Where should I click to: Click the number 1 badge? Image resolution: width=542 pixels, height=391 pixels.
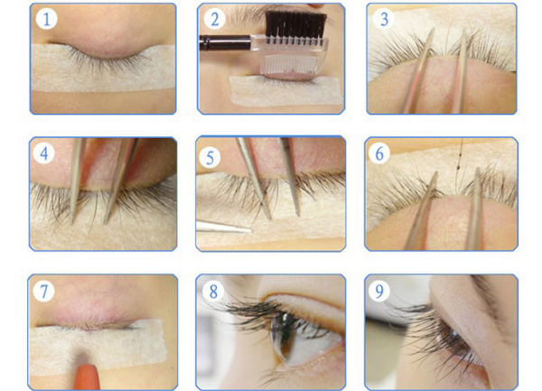coord(46,19)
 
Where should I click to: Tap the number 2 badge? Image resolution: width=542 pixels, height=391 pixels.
coord(215,19)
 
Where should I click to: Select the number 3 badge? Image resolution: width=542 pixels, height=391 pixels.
coord(384,19)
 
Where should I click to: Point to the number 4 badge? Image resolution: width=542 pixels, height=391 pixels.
coord(44,153)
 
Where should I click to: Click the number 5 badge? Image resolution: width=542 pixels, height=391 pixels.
coord(210,157)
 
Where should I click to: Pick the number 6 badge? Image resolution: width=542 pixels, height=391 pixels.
coord(379,153)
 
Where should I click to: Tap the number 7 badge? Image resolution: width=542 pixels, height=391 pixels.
coord(44,291)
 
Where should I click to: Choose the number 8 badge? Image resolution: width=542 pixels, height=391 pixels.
coord(213,291)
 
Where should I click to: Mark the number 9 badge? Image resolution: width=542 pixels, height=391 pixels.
coord(379,291)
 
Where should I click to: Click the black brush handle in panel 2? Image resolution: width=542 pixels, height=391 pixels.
coord(225,42)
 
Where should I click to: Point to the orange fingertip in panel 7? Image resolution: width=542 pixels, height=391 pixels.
coord(87,376)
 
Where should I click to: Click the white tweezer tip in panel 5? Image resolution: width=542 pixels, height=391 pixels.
coord(223,227)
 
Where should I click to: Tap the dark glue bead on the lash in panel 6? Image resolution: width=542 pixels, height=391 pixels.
coord(458,168)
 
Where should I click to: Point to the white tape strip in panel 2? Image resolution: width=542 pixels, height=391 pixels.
coord(286,91)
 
